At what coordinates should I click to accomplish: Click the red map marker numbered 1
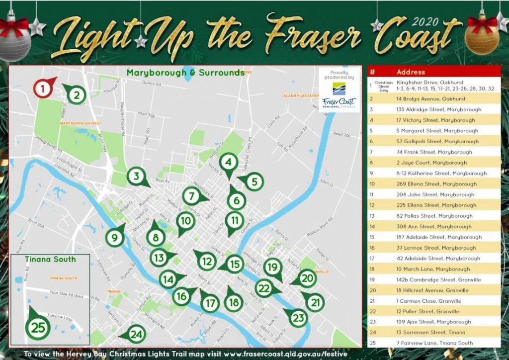tap(43, 89)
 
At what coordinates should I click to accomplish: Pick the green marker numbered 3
tap(135, 176)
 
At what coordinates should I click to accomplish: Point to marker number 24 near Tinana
tap(136, 334)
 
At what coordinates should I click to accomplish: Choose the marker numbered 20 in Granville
tap(308, 278)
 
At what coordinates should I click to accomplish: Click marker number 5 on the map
tap(254, 182)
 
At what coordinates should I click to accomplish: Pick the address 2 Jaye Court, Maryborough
tap(431, 163)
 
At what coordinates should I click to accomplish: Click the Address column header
tap(411, 72)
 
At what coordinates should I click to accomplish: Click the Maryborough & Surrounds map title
tap(185, 73)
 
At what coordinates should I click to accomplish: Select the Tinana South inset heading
tap(50, 259)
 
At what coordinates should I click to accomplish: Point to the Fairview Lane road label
tap(59, 316)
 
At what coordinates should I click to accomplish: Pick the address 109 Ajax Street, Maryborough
tap(434, 322)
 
